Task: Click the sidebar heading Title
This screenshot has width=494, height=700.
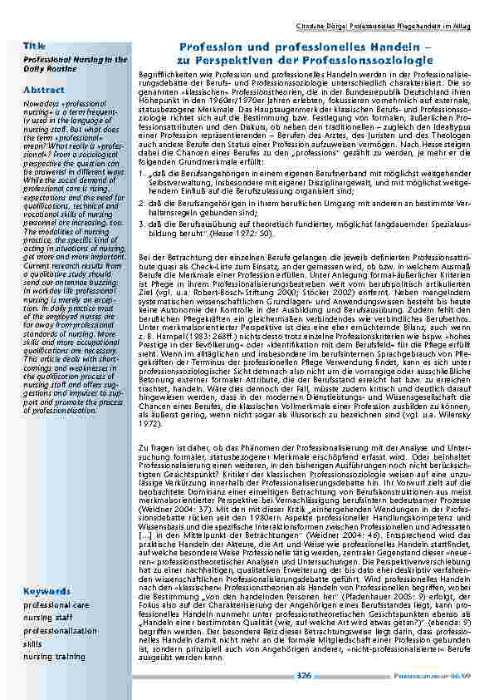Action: pyautogui.click(x=35, y=43)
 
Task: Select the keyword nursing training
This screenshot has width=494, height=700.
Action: pyautogui.click(x=55, y=655)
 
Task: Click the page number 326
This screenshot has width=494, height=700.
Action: pyautogui.click(x=304, y=679)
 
